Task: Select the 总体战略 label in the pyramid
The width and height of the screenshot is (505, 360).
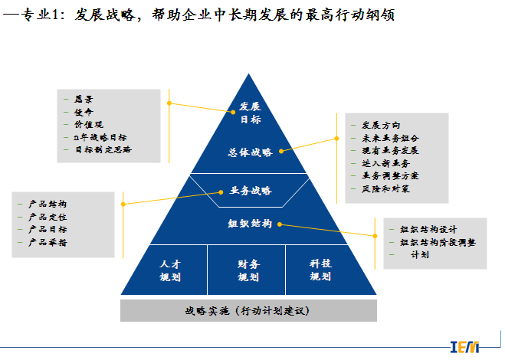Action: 250,152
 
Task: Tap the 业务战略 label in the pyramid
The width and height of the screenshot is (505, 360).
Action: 250,190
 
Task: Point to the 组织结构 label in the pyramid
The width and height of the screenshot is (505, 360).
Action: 250,224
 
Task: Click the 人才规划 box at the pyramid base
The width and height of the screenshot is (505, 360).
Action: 170,270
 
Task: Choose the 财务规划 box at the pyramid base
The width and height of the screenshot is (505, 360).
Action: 248,270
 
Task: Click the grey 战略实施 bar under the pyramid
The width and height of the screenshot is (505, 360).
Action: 249,310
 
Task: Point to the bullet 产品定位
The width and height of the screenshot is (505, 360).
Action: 47,217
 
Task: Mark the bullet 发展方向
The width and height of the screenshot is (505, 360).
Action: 380,125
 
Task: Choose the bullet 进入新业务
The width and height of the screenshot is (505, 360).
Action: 385,163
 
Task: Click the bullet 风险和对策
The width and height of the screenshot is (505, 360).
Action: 385,188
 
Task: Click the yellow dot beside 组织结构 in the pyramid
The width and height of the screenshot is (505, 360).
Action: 280,224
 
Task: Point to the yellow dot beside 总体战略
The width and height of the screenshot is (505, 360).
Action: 282,152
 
